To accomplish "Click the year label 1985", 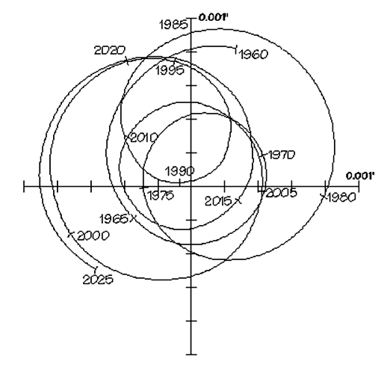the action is [x=173, y=25].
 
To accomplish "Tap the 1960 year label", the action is [x=253, y=55].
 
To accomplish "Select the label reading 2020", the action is [x=110, y=51].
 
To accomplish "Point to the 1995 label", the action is [x=170, y=70].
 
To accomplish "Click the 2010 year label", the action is [x=144, y=138].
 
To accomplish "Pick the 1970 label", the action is [x=282, y=155].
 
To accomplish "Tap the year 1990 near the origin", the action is [x=179, y=171].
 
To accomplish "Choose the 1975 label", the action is [x=161, y=195].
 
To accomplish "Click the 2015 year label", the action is [x=218, y=201].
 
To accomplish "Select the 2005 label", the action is [x=282, y=193].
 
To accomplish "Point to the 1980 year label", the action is [x=341, y=197].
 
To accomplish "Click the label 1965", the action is [x=114, y=219].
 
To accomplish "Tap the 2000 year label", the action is [x=93, y=235].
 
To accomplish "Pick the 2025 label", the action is [x=98, y=280].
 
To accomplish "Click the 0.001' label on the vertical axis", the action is [x=214, y=17].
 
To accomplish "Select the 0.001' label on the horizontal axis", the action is [x=360, y=176].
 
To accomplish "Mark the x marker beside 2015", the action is [x=238, y=200].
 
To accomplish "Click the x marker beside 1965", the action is [x=133, y=218].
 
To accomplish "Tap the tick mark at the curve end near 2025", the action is [x=96, y=269].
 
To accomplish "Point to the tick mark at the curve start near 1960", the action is [x=236, y=49].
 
